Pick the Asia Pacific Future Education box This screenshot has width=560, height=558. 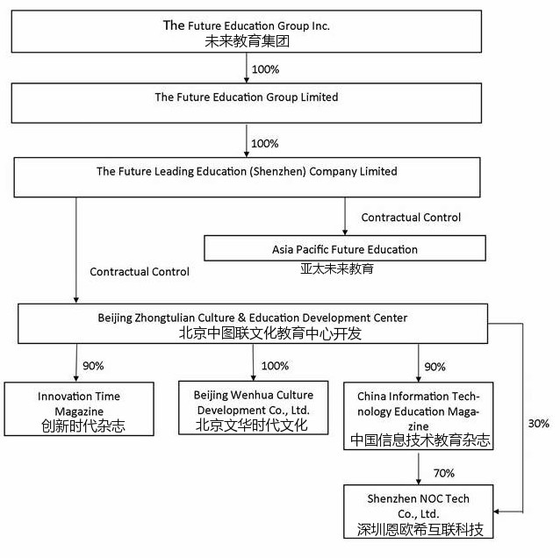tap(344, 249)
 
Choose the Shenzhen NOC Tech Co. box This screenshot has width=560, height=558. tap(418, 513)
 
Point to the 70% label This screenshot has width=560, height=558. tap(443, 473)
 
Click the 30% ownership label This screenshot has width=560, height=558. tap(539, 424)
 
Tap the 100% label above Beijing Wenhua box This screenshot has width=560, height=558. tap(275, 366)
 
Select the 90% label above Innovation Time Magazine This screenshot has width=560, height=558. tap(93, 366)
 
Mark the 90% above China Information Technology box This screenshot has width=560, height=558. tap(434, 366)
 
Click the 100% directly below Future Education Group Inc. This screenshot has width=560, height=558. tap(264, 67)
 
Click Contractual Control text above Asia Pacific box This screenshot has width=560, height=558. tap(411, 217)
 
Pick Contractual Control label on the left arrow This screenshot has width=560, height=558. tap(140, 272)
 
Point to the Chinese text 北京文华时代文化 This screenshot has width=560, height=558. tap(252, 427)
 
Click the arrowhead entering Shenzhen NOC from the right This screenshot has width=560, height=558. tap(498, 511)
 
